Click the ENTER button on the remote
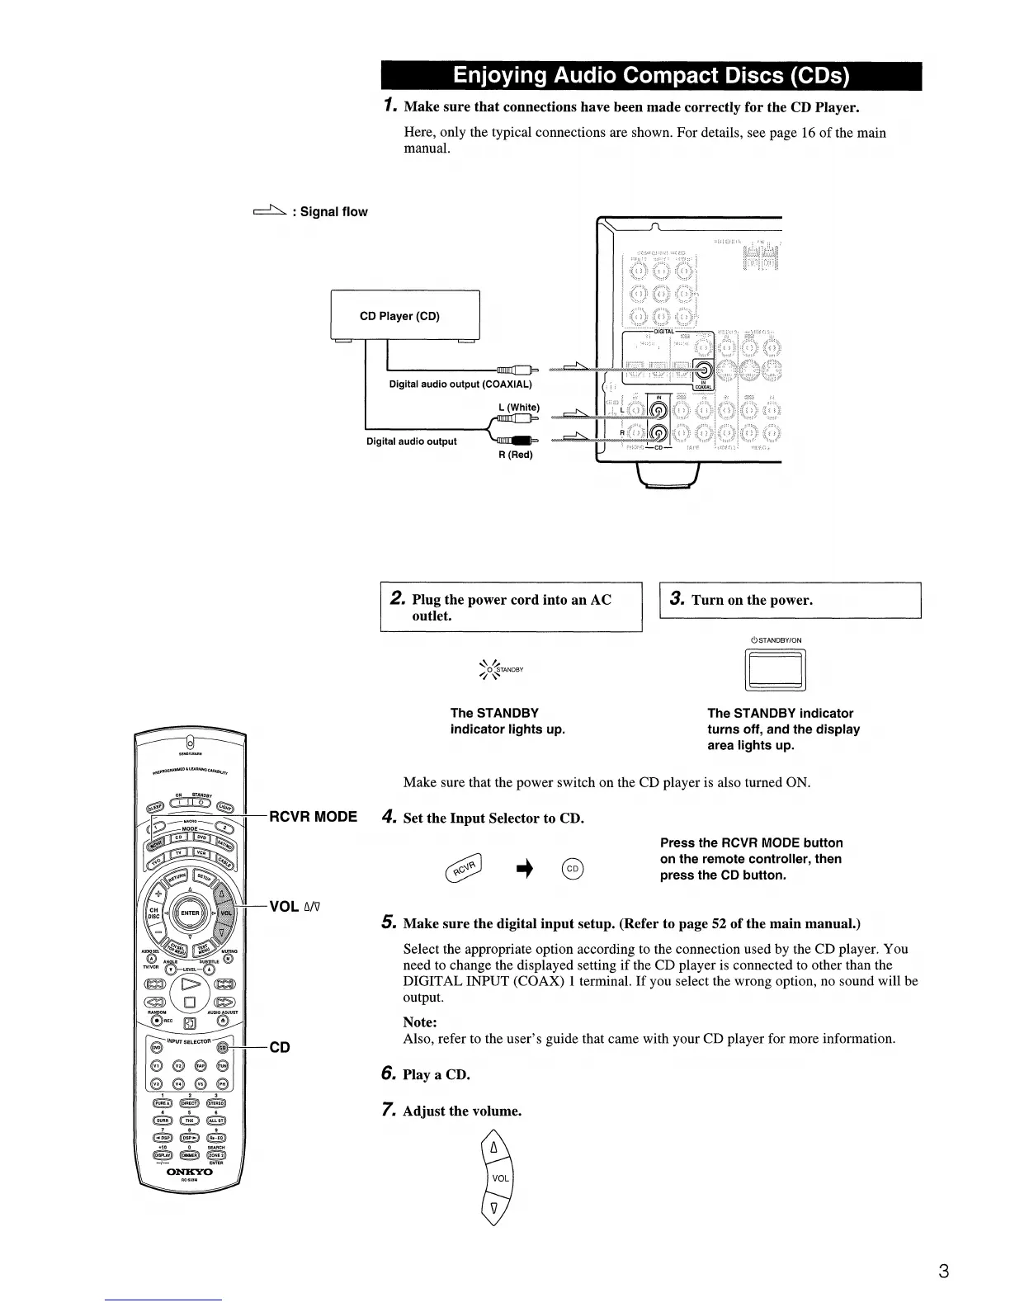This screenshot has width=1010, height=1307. [190, 913]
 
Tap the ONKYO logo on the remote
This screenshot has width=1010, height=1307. [190, 1172]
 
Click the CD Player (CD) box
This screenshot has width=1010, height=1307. [404, 316]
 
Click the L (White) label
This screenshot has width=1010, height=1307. [519, 407]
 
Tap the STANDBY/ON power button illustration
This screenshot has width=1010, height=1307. [775, 671]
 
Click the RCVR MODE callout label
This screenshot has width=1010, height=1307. [314, 817]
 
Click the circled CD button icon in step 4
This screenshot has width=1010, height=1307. [573, 868]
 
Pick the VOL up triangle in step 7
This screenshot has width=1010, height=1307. [494, 1148]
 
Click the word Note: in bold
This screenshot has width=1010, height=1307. [420, 1022]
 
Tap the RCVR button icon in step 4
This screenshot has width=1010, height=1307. [467, 867]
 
